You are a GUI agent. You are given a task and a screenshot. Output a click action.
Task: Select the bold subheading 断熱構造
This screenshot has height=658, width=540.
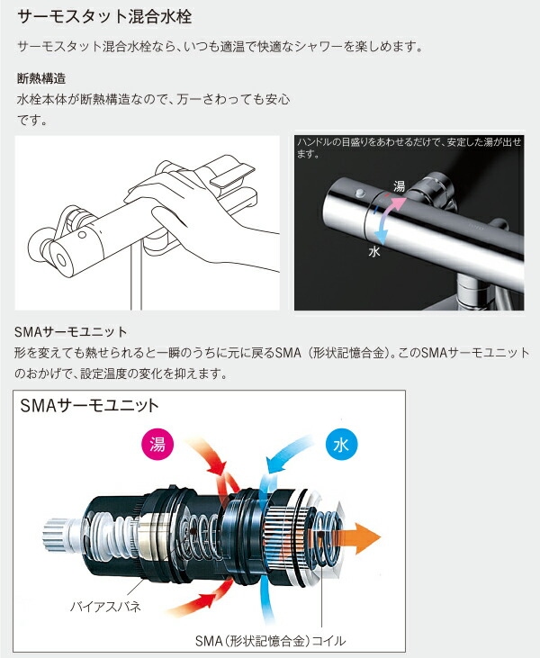tap(42, 78)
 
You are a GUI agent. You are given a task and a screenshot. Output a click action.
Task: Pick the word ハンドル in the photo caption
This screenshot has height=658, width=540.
tap(322, 142)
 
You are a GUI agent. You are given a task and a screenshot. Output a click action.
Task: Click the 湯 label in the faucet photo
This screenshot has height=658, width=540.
tap(399, 186)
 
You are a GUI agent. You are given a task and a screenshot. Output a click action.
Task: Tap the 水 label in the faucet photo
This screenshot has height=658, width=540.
tap(374, 253)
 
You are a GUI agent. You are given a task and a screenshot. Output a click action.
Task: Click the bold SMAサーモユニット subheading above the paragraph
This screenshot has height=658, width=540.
tap(72, 330)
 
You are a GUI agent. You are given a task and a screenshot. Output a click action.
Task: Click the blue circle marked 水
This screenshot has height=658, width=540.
tap(340, 445)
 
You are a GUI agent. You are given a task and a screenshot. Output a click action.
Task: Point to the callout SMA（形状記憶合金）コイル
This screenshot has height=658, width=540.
tap(270, 641)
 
